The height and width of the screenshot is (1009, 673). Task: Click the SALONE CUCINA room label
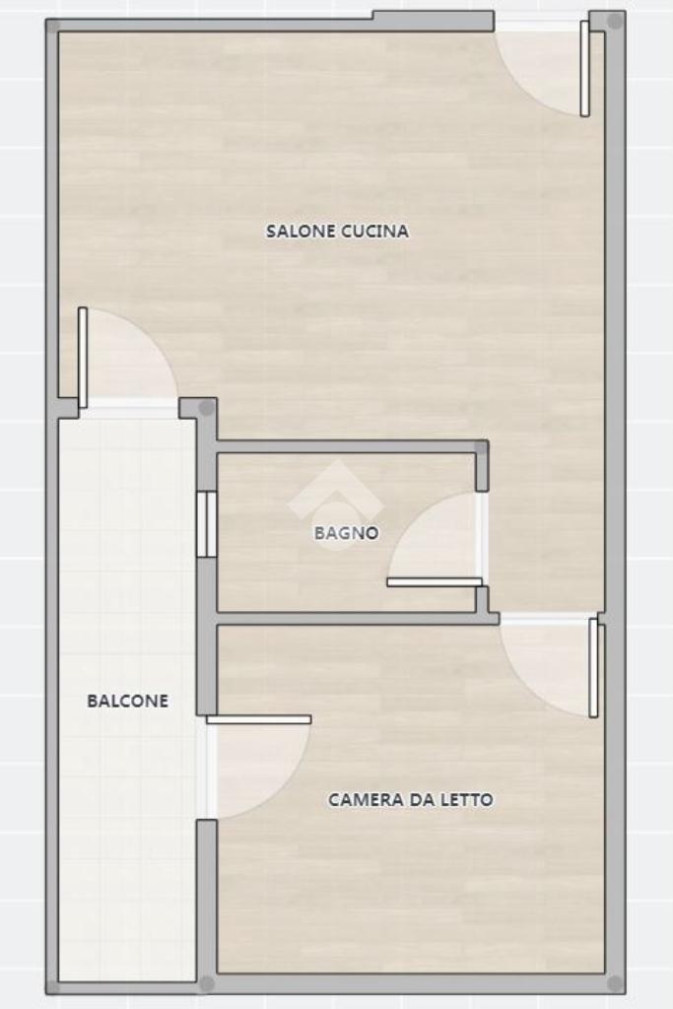[x=337, y=231]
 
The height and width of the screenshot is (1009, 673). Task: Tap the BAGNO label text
[x=346, y=533]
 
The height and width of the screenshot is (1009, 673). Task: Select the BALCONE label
[x=127, y=701]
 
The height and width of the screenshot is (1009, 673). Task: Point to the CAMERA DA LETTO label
[x=411, y=799]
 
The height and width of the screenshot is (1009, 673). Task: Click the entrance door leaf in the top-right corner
[x=584, y=68]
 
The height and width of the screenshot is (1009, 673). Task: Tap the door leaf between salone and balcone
[x=83, y=357]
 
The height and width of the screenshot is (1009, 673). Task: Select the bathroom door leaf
[x=435, y=582]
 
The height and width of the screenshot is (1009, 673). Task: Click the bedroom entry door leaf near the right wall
[x=593, y=667]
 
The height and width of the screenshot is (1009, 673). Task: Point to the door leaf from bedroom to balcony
[x=258, y=719]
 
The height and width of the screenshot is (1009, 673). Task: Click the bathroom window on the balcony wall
[x=207, y=524]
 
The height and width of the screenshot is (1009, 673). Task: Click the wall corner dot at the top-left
[x=53, y=26]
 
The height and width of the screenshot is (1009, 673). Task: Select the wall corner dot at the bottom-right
[x=615, y=983]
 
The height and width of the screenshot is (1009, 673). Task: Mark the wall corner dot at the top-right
[x=615, y=22]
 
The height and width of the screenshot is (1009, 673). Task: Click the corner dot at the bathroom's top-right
[x=481, y=446]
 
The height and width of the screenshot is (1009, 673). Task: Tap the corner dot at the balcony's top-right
[x=206, y=407]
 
